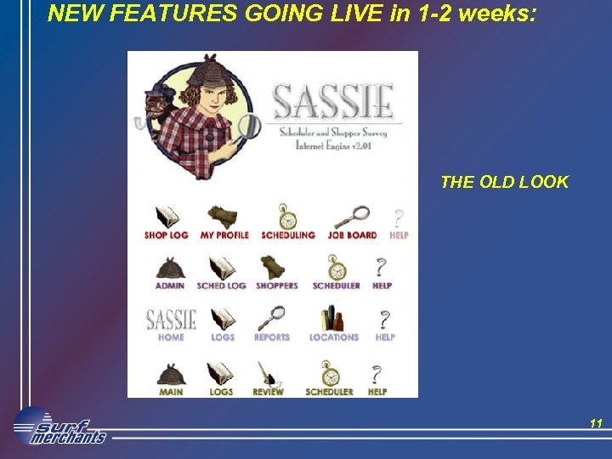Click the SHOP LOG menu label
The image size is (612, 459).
tap(166, 235)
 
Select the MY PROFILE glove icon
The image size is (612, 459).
tap(223, 216)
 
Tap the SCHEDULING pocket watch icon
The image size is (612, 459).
tap(287, 216)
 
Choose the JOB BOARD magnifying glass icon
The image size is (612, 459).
tap(352, 216)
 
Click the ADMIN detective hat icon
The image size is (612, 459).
tap(170, 267)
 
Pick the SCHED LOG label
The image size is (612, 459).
tap(221, 286)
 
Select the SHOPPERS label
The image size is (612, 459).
tap(277, 286)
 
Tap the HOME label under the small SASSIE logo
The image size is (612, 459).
tap(171, 337)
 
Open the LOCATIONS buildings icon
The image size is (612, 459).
tap(333, 318)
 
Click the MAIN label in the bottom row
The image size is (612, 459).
tap(171, 392)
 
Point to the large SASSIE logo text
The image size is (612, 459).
tap(333, 102)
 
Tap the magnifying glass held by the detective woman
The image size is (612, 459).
tap(248, 127)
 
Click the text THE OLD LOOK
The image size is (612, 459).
tap(504, 182)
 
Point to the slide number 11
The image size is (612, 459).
tap(595, 422)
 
